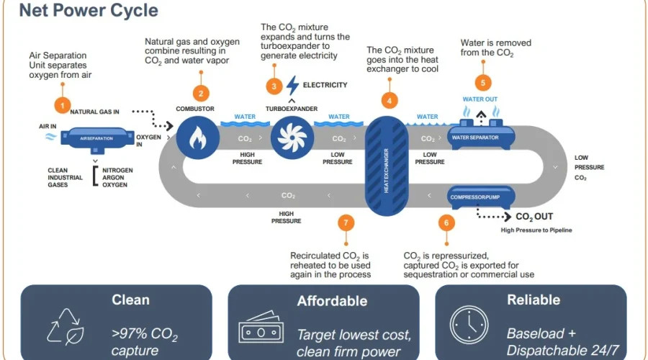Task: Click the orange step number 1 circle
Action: pos(63,107)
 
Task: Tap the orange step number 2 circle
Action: pos(201,93)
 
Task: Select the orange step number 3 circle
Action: pos(274,86)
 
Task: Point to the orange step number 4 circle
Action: pos(390,101)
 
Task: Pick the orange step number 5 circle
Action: pos(483,82)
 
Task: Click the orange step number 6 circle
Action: pos(446,223)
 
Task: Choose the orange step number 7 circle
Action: pos(346,223)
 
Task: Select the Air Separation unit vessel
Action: pos(96,138)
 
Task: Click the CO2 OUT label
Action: pos(534,216)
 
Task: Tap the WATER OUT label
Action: pos(480,99)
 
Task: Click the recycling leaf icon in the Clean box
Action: pos(66,325)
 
